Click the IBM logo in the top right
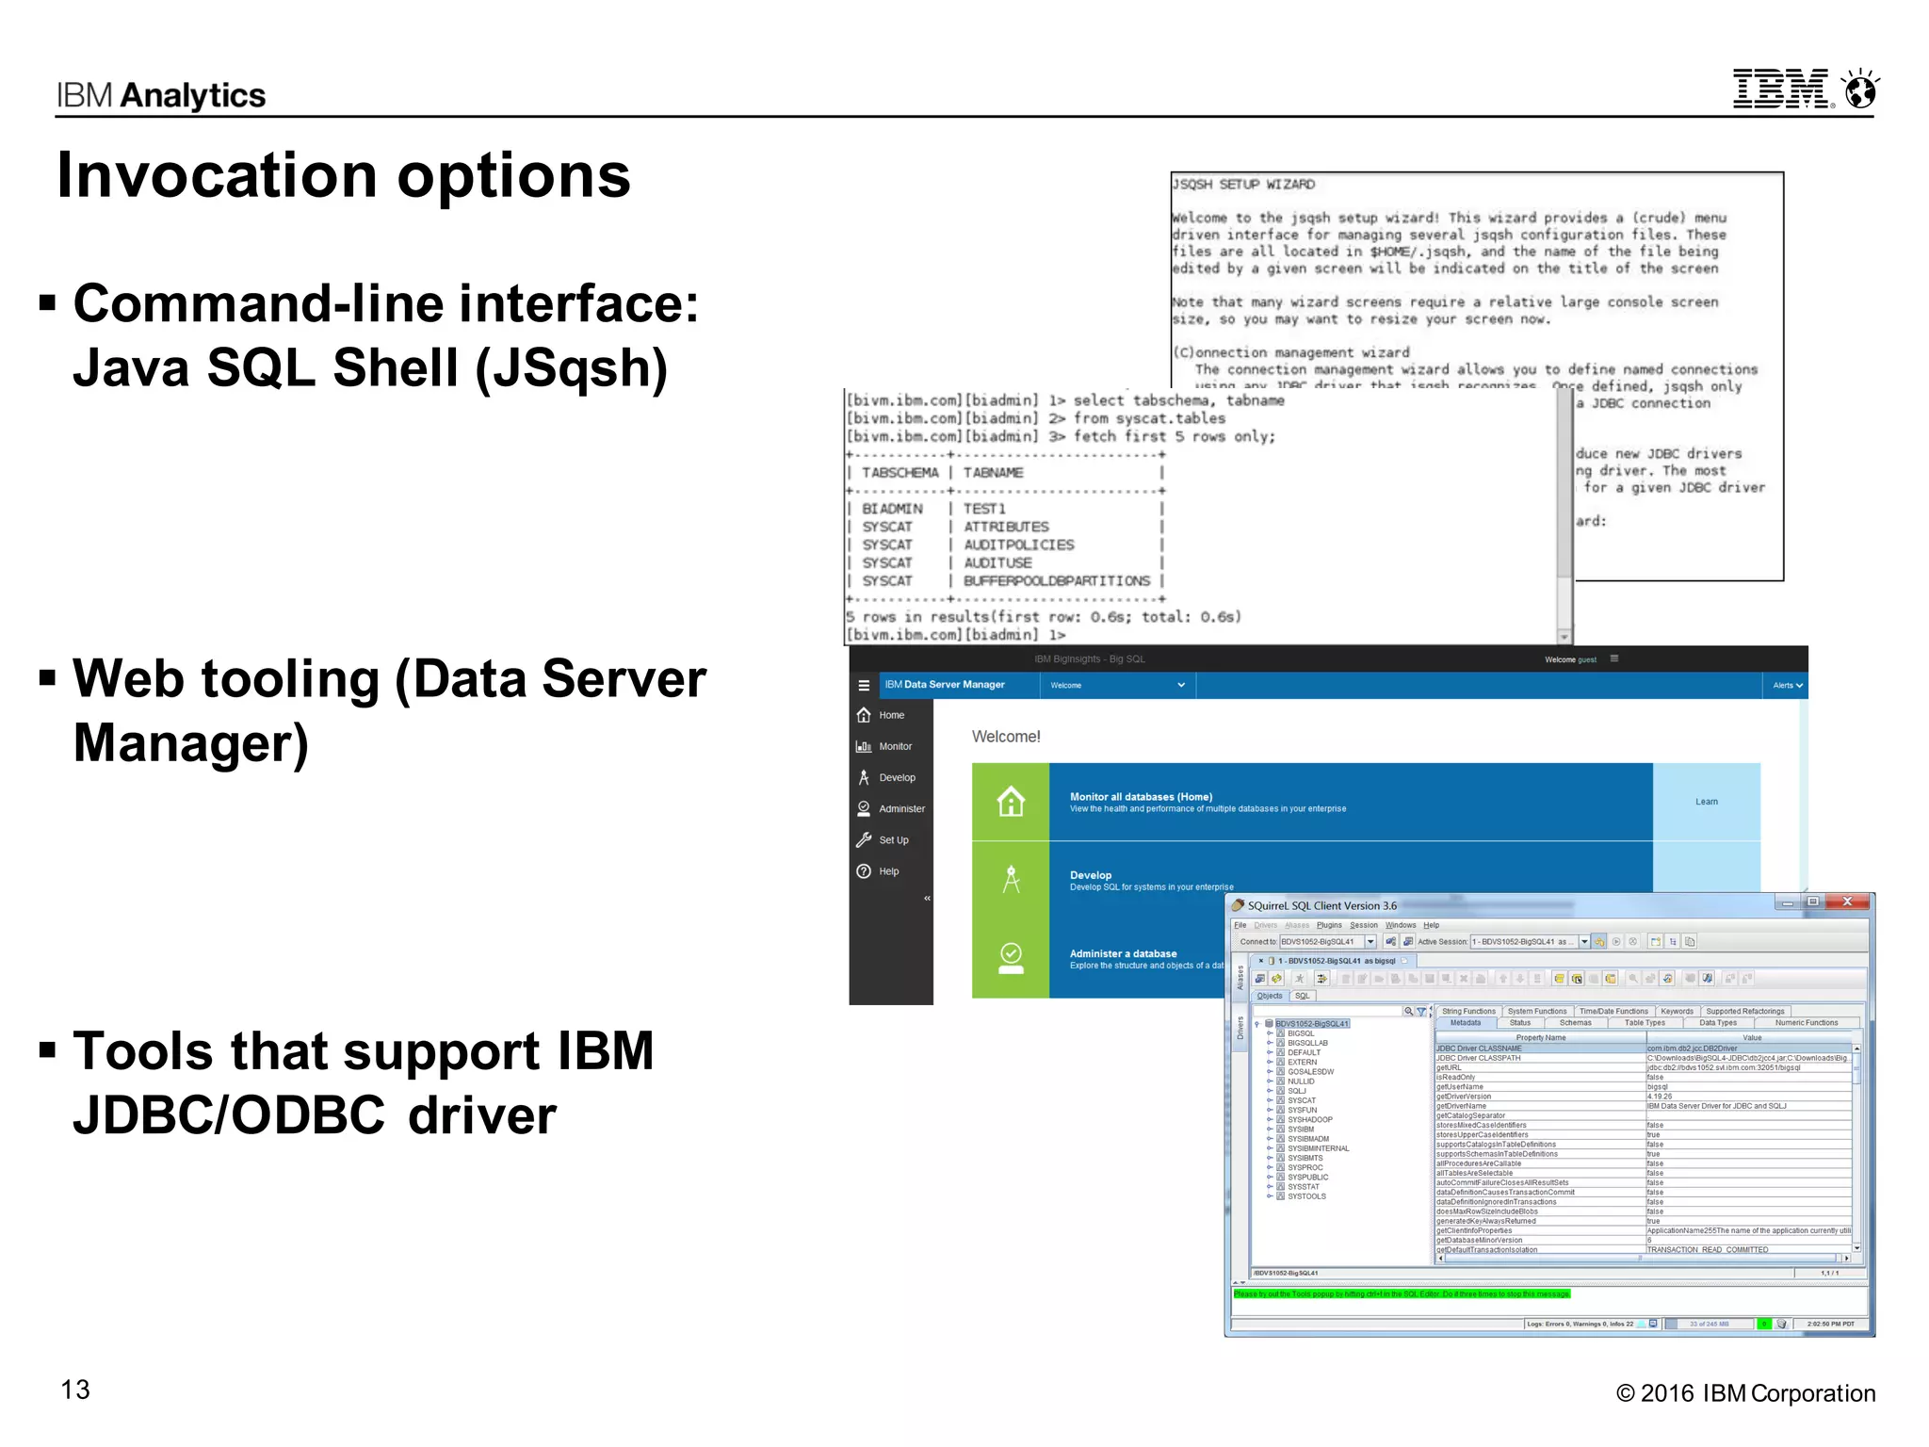(x=1780, y=89)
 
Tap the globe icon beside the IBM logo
(x=1861, y=90)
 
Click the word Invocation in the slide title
(x=217, y=176)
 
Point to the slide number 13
(x=75, y=1390)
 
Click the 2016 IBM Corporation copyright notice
(x=1745, y=1393)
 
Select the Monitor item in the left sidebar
(x=895, y=746)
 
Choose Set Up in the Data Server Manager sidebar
(x=893, y=840)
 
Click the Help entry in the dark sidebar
(x=888, y=871)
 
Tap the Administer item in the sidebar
(x=901, y=809)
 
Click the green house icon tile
(x=1011, y=802)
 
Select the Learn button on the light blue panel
(x=1706, y=802)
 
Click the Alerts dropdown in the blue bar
(x=1787, y=685)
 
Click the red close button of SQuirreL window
(x=1847, y=902)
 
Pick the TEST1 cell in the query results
(x=983, y=509)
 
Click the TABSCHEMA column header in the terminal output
(x=900, y=473)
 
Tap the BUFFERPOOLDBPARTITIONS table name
(x=1056, y=581)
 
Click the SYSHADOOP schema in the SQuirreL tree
(x=1309, y=1120)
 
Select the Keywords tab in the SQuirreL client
(x=1677, y=1012)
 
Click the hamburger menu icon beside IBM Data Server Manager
(x=864, y=685)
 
